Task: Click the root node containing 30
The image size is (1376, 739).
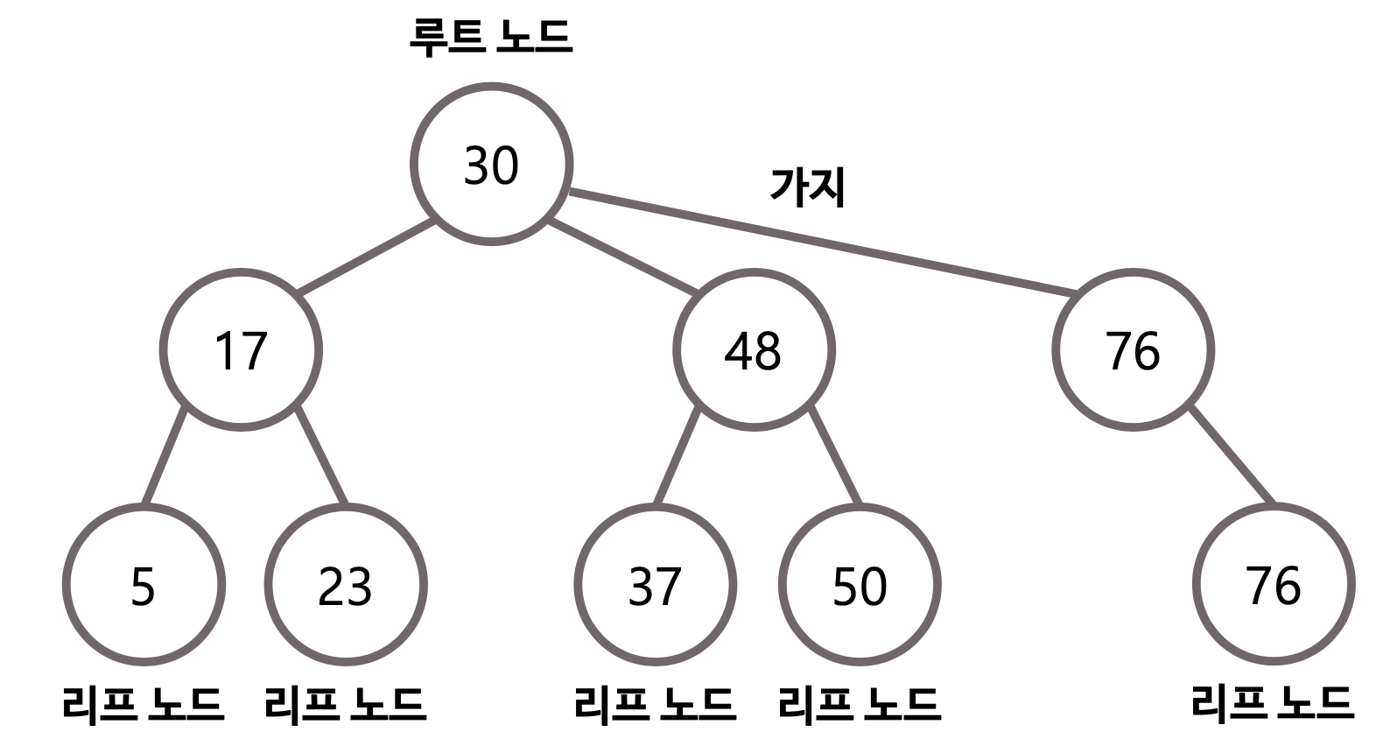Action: (491, 165)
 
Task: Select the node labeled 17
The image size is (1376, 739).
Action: (241, 350)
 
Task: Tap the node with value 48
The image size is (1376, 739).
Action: (754, 350)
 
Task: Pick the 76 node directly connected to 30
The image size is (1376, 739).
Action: (1133, 350)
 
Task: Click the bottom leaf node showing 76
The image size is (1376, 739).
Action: (1274, 585)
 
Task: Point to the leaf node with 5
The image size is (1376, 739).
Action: (144, 585)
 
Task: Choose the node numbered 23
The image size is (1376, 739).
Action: (346, 585)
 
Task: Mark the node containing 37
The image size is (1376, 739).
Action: (655, 585)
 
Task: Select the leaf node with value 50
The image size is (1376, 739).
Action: (860, 585)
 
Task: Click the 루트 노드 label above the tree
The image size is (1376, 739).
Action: (491, 37)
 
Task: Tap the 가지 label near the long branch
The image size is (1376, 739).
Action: (807, 187)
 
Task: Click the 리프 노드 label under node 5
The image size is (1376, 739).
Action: (144, 703)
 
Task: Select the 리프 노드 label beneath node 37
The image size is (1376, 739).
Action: (655, 703)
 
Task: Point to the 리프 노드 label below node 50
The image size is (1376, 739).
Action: (860, 703)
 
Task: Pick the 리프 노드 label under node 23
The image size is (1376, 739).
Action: (346, 703)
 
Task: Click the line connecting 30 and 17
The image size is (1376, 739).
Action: (366, 256)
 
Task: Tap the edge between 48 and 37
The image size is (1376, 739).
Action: (677, 455)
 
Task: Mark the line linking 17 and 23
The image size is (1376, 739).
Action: (321, 455)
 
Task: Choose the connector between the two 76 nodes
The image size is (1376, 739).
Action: (1231, 454)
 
